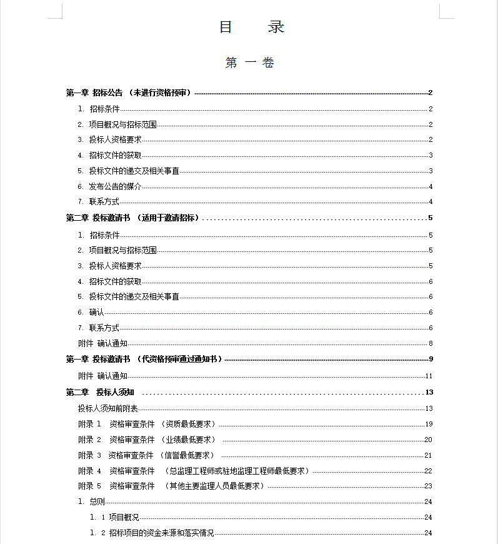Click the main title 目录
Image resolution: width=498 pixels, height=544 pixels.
coord(252,27)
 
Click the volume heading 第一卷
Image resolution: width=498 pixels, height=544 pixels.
coord(250,63)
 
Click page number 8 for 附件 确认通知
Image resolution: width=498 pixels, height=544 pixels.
coord(431,343)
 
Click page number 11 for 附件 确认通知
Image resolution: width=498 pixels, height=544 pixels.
coord(429,376)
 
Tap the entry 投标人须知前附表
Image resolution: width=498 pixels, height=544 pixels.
coord(107,408)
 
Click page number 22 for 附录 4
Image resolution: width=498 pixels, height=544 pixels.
coord(428,471)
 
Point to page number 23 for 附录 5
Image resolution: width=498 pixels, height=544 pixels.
coord(428,486)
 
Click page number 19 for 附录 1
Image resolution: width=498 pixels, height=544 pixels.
coord(429,425)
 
